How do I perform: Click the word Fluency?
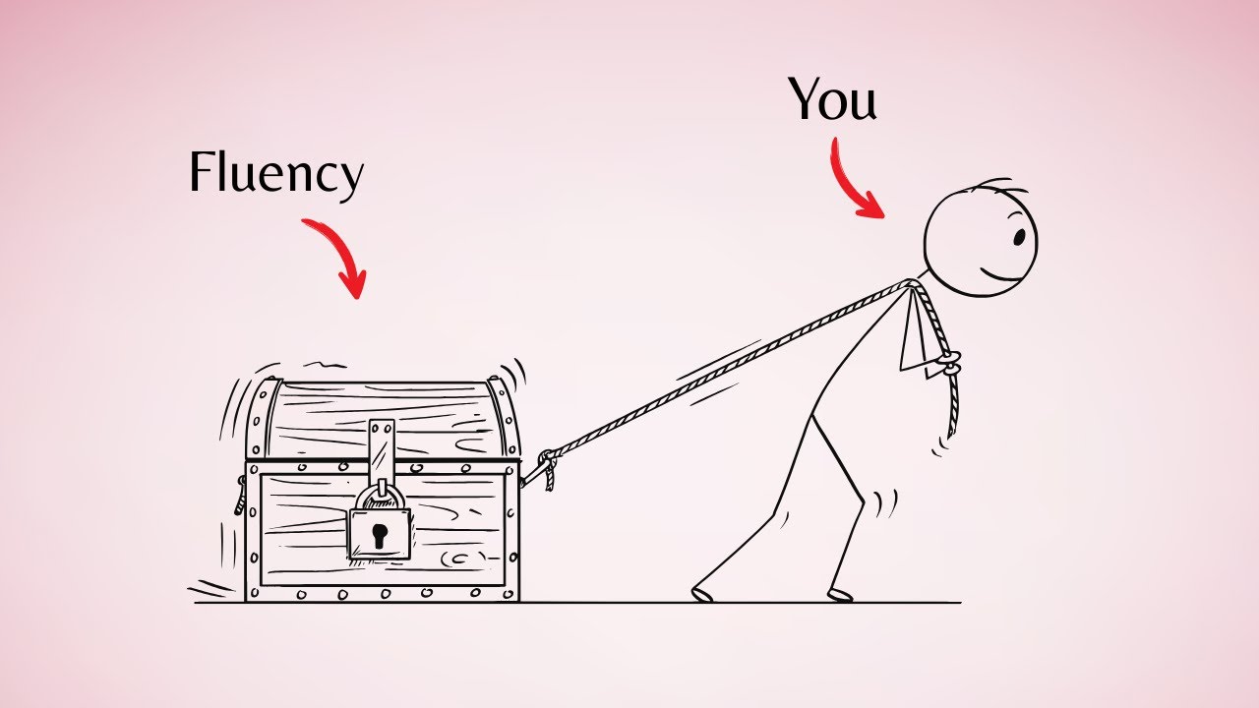tap(276, 174)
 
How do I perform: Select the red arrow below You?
tap(849, 181)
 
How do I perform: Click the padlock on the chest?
tap(380, 525)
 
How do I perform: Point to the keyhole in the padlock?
tap(380, 536)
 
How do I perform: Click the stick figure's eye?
tap(1020, 237)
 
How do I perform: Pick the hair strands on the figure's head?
tap(1000, 188)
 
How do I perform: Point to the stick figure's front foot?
tap(841, 595)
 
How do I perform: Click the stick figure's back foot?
tap(702, 594)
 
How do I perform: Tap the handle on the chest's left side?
tap(240, 496)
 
